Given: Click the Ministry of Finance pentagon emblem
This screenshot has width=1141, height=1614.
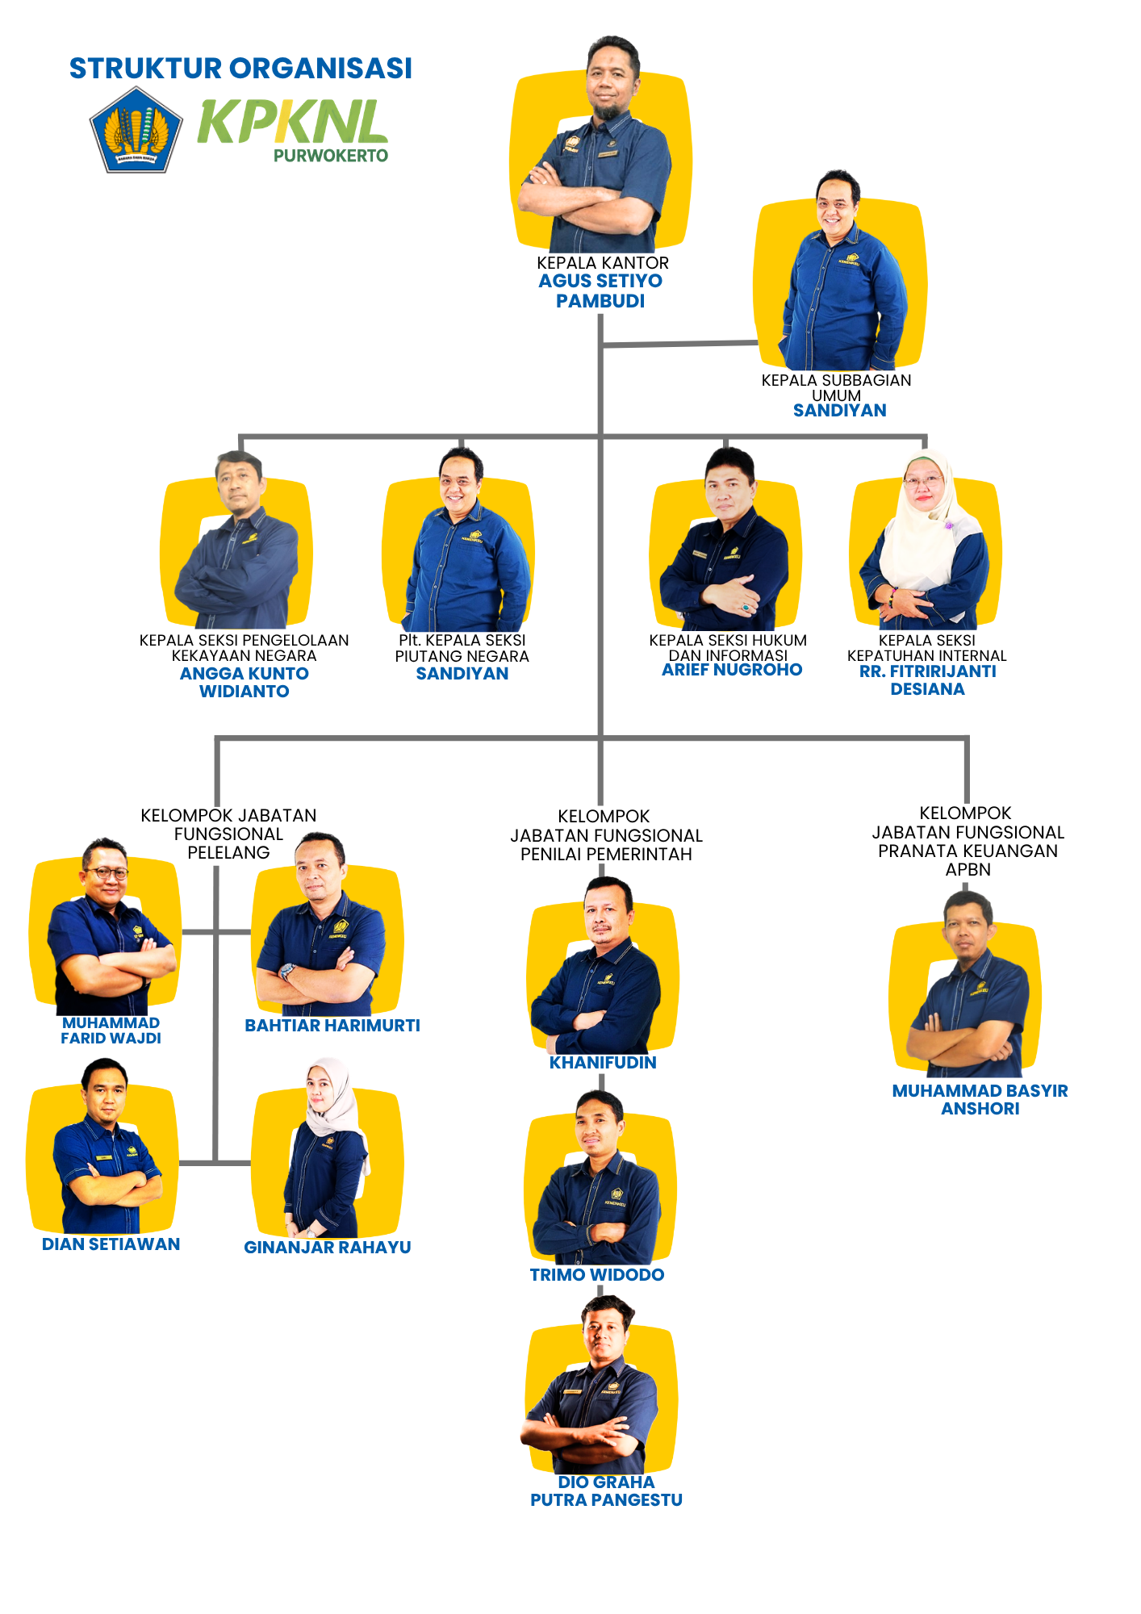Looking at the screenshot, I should point(136,131).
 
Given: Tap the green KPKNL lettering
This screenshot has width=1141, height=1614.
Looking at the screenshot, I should point(292,123).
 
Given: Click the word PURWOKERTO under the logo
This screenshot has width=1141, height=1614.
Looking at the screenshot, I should point(331,156).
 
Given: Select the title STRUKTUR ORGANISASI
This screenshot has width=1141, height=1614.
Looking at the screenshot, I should point(240,69).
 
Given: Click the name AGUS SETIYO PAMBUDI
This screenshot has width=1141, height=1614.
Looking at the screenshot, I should point(601,291).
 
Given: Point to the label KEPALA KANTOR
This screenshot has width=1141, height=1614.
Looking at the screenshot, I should point(603,263).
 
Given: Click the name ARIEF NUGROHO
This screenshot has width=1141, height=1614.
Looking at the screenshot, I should point(732,670).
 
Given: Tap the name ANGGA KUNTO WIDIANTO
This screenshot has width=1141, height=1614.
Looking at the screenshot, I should point(245,682).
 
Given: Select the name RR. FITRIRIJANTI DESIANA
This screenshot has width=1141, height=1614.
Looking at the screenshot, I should point(928,679).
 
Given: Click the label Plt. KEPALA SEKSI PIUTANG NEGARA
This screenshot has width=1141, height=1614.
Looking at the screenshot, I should point(462,648).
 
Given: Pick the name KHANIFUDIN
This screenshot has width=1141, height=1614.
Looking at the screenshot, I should point(603,1063).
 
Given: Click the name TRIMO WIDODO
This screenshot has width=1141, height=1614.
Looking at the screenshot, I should point(597,1275).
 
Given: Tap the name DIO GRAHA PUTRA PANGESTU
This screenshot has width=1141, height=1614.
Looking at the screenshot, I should point(606,1491).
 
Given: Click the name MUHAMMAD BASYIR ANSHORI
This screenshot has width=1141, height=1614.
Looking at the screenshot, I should point(980,1099).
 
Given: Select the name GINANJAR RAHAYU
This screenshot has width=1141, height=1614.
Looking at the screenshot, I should point(328,1248).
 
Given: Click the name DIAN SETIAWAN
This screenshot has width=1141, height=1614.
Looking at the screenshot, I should point(111,1244).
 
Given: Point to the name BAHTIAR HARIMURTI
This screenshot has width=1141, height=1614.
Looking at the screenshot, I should point(332,1026).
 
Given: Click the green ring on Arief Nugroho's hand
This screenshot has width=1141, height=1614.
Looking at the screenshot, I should point(746,606).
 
